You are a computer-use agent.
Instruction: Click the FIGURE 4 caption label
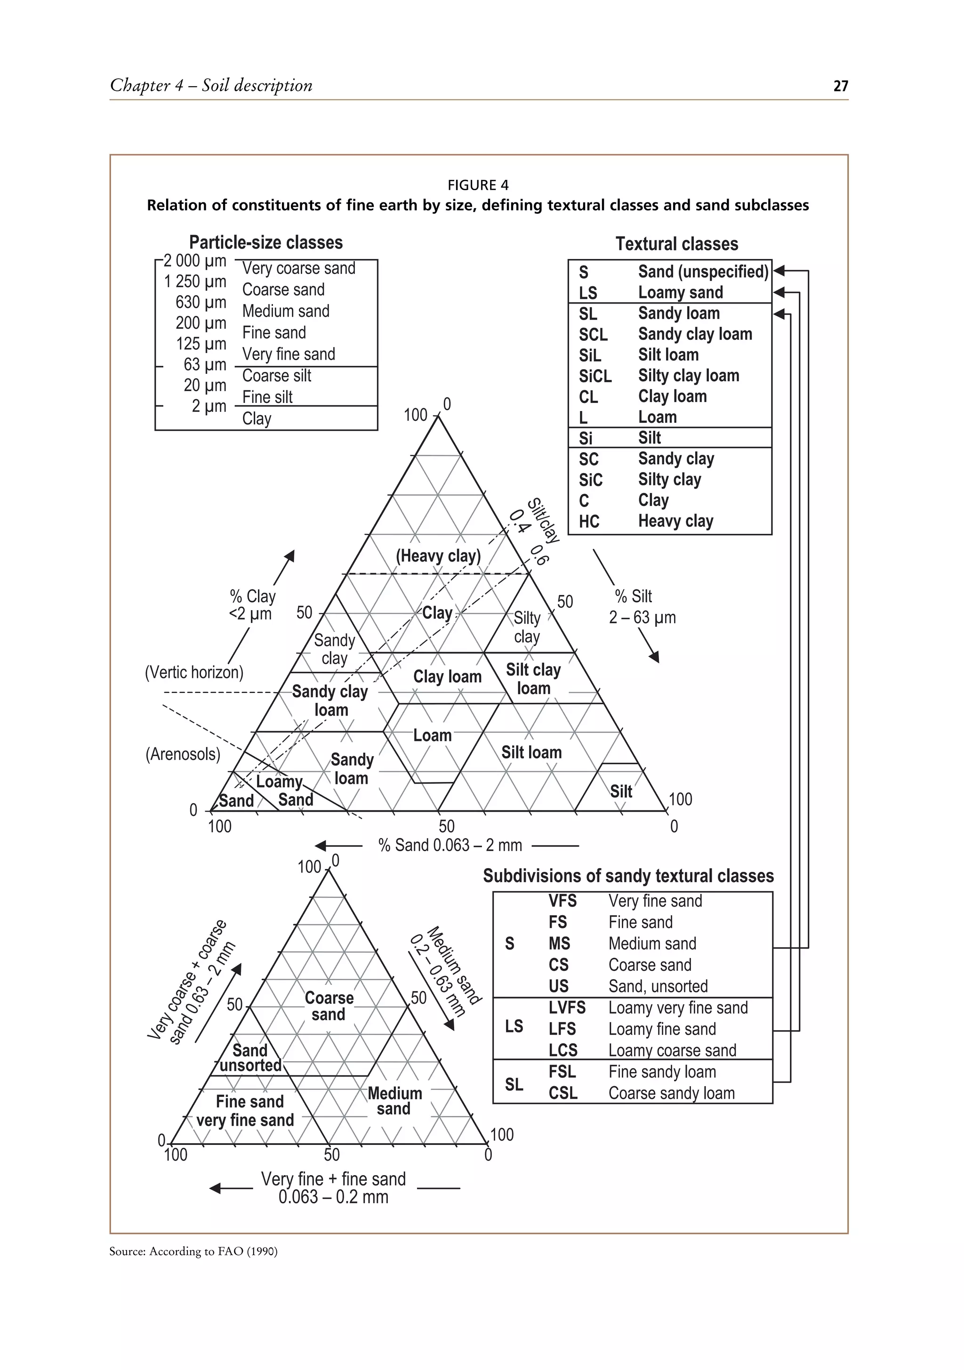click(478, 185)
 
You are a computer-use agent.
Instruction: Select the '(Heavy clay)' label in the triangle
click(438, 556)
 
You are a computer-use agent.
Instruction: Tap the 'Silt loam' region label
click(531, 752)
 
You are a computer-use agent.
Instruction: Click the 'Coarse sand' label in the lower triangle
click(329, 1006)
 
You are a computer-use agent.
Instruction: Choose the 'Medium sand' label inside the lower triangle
click(394, 1101)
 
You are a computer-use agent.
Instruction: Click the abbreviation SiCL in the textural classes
click(595, 376)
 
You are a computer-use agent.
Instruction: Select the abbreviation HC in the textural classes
click(589, 522)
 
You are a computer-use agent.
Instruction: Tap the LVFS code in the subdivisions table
click(567, 1008)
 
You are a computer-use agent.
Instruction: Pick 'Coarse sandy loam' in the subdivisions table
click(671, 1093)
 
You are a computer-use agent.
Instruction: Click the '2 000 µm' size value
click(195, 261)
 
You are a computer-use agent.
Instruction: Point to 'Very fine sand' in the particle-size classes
click(288, 354)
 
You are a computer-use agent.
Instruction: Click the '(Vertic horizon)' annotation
click(194, 672)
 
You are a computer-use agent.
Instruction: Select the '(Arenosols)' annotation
click(183, 754)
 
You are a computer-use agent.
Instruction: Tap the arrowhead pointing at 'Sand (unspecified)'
click(779, 271)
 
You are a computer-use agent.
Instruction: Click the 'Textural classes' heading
click(676, 243)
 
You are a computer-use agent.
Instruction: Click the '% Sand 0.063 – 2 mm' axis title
click(450, 845)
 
